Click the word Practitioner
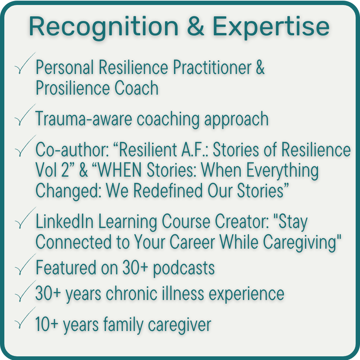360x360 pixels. pos(212,67)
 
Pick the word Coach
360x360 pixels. pos(136,88)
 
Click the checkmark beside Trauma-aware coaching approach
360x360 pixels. pos(25,115)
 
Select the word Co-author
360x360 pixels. pos(72,150)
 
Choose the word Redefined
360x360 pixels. pos(168,191)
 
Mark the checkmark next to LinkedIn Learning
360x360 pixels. pos(25,218)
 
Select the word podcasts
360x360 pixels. pos(184,268)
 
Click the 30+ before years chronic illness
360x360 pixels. pos(48,293)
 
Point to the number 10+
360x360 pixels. pos(47,324)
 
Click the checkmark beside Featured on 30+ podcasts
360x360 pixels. pos(25,264)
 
